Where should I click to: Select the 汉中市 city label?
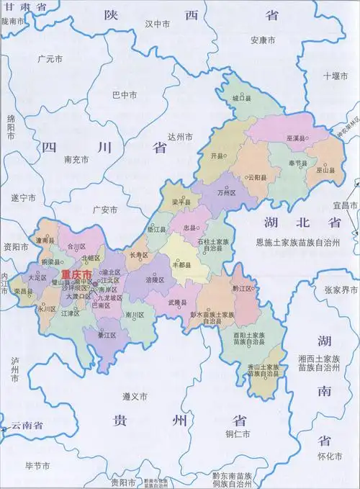[x=157, y=24]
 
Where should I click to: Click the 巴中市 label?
[x=125, y=94]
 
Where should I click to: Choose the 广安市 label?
[x=105, y=210]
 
